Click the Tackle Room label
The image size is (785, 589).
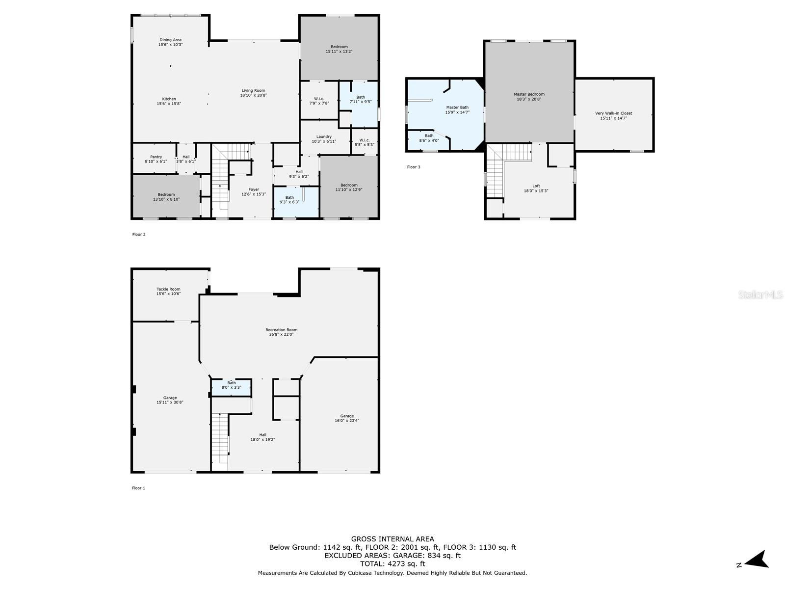(x=168, y=289)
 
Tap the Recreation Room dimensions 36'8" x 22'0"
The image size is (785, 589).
(x=281, y=335)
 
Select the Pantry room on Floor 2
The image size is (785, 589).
(x=156, y=159)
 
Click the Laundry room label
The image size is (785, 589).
(x=324, y=136)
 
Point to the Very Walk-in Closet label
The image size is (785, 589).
(x=613, y=113)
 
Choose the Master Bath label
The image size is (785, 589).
(x=457, y=107)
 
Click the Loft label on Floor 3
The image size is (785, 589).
(x=536, y=186)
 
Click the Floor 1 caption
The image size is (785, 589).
(x=138, y=488)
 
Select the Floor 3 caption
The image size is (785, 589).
(x=414, y=167)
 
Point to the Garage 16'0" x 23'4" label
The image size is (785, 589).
(x=347, y=418)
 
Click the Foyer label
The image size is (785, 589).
(x=254, y=189)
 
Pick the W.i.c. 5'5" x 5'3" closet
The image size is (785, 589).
(x=364, y=142)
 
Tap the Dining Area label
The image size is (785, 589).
(x=170, y=40)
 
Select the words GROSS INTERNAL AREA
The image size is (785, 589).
(x=392, y=539)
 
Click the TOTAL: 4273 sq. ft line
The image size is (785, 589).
(x=392, y=564)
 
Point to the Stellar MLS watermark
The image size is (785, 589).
(x=760, y=294)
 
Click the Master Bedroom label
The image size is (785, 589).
(x=529, y=94)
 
